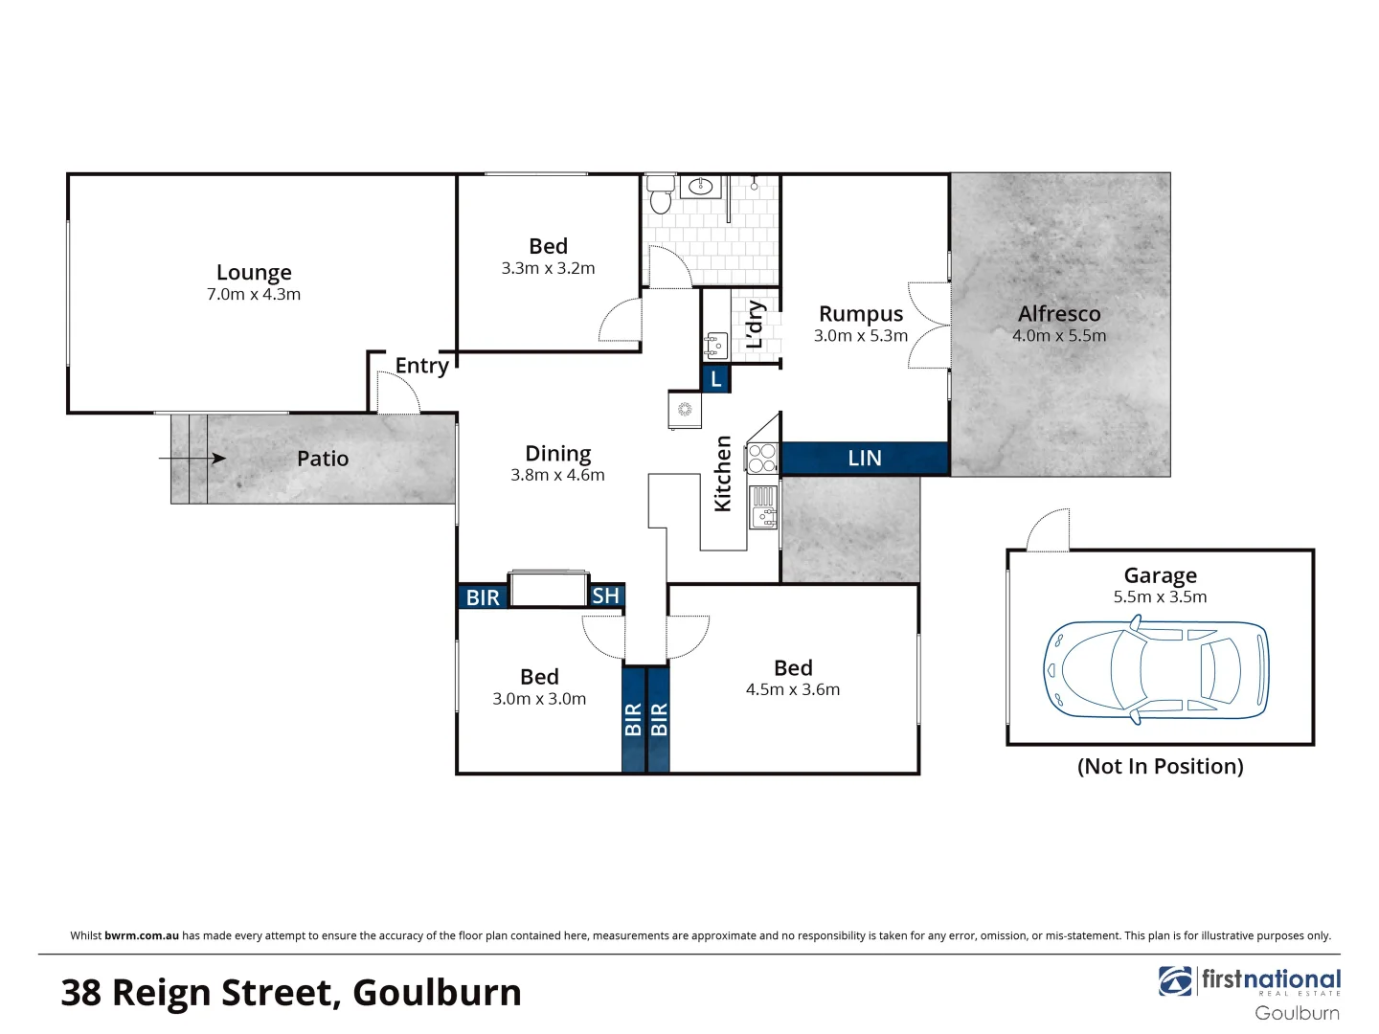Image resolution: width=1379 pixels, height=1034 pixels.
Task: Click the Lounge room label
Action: [x=254, y=273]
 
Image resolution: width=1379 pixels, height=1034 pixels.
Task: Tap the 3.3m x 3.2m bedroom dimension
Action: [x=548, y=269]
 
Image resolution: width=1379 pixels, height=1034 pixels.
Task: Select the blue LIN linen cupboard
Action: [x=864, y=459]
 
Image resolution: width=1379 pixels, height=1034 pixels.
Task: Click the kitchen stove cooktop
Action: [x=762, y=459]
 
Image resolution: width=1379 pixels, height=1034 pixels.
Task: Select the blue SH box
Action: [x=606, y=596]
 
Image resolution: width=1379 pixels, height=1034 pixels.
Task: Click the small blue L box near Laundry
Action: [x=716, y=379]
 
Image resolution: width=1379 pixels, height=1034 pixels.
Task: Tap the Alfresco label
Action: [x=1059, y=314]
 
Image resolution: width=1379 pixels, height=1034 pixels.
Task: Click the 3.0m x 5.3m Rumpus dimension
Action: [x=860, y=336]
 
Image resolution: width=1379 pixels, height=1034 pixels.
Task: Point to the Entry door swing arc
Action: [x=398, y=391]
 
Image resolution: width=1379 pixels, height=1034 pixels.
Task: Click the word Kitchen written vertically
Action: [x=723, y=474]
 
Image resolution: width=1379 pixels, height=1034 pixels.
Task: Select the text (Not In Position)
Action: [x=1160, y=766]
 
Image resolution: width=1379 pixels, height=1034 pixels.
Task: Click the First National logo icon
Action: [x=1175, y=981]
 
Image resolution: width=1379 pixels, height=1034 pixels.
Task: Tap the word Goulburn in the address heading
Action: [x=437, y=993]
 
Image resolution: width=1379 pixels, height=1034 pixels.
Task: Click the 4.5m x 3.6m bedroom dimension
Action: [x=792, y=689]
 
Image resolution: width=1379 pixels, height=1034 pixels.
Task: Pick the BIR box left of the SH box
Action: [x=483, y=597]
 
